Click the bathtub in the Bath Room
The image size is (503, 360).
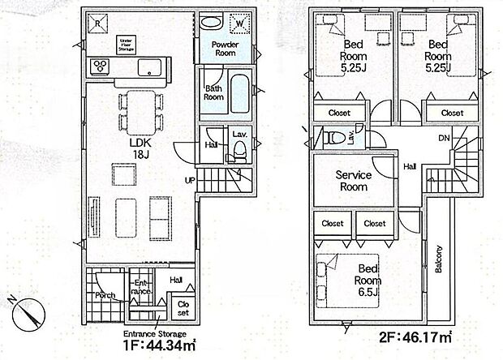pos(239,92)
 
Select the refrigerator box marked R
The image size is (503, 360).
pos(98,24)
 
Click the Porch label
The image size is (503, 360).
pos(104,295)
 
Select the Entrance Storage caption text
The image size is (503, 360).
pos(154,334)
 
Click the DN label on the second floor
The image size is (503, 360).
pos(445,139)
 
